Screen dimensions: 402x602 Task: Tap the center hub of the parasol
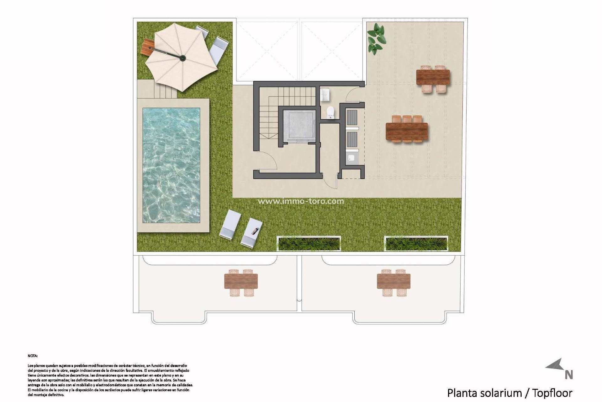click(182, 58)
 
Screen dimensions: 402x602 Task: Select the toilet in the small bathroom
click(330, 112)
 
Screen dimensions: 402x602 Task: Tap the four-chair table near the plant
click(433, 77)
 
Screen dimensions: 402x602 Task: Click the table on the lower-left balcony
click(241, 281)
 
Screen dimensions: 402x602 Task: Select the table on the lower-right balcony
click(393, 281)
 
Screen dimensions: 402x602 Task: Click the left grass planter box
click(309, 244)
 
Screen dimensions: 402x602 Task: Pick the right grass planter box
click(416, 244)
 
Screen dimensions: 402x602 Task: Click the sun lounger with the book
click(251, 232)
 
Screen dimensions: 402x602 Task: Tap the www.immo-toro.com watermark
click(301, 201)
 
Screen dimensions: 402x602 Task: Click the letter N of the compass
click(569, 375)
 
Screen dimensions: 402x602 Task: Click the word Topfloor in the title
click(552, 393)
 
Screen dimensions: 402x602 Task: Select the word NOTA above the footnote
click(33, 356)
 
